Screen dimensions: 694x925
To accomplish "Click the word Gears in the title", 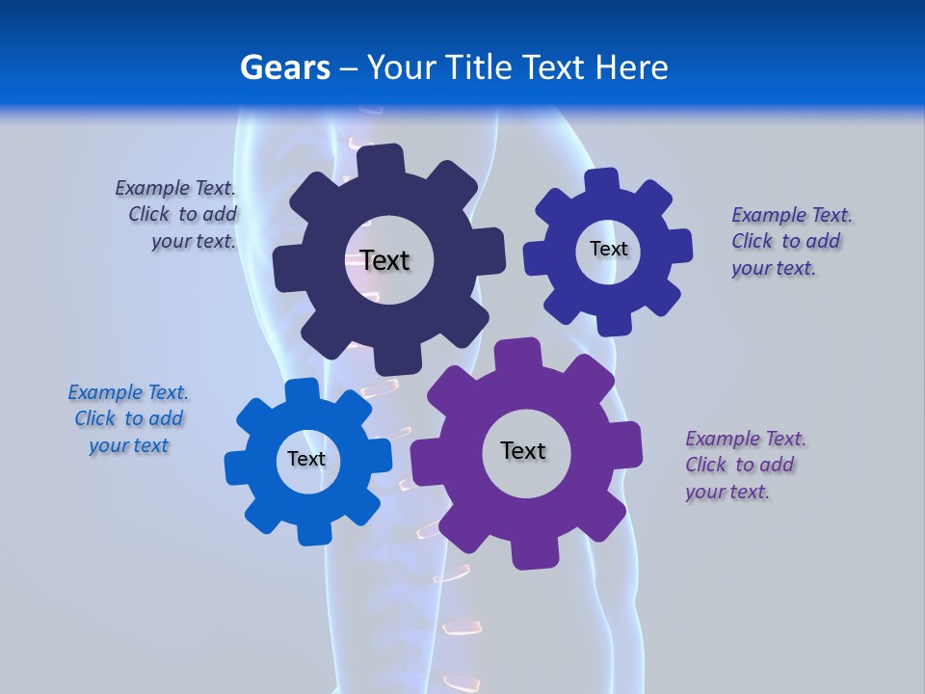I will (284, 67).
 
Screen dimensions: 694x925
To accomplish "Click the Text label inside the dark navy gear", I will (384, 260).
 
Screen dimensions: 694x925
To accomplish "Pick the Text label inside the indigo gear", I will (608, 249).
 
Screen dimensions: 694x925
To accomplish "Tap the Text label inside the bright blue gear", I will (306, 459).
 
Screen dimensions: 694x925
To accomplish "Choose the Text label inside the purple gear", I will (523, 450).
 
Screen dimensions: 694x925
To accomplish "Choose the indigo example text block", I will (790, 241).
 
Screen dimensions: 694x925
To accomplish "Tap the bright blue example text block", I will (128, 418).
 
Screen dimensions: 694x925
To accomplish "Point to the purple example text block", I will (745, 465).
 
